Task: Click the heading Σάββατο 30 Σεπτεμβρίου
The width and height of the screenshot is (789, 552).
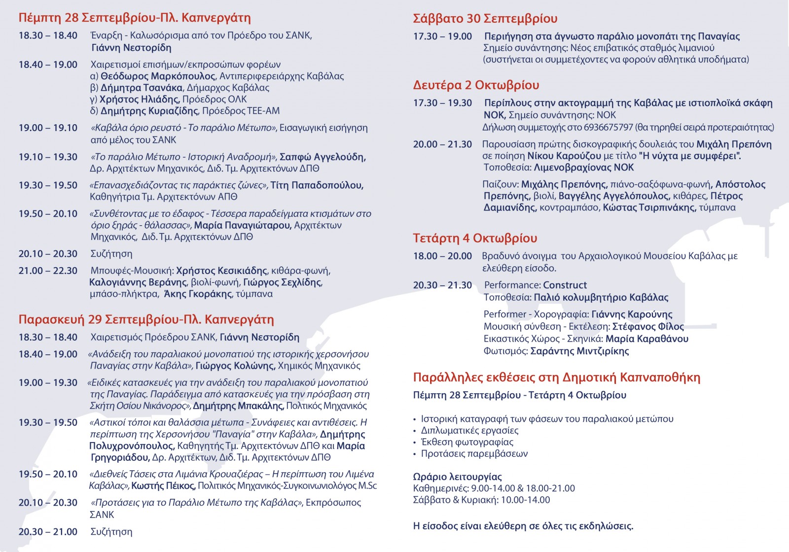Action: pyautogui.click(x=485, y=19)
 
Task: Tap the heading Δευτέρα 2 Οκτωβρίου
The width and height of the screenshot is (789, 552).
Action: pyautogui.click(x=476, y=85)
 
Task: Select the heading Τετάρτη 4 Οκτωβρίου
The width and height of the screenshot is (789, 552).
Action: pyautogui.click(x=475, y=239)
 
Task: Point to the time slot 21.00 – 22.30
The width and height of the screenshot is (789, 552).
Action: pyautogui.click(x=48, y=271)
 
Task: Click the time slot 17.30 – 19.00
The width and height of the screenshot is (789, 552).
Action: pyautogui.click(x=442, y=36)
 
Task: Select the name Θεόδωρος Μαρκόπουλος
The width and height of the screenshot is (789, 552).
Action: pyautogui.click(x=158, y=76)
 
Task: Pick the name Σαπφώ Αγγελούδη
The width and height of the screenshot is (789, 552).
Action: pyautogui.click(x=323, y=157)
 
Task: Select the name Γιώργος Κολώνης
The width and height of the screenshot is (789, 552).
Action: pyautogui.click(x=235, y=366)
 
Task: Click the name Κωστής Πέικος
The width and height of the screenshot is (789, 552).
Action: pyautogui.click(x=163, y=486)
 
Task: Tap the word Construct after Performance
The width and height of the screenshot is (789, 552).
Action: pyautogui.click(x=565, y=285)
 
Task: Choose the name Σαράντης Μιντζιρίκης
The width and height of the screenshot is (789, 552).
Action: pyautogui.click(x=579, y=351)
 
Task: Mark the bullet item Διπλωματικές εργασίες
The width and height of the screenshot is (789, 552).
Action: pyautogui.click(x=469, y=430)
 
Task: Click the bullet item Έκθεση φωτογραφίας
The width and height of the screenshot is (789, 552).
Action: pyautogui.click(x=467, y=442)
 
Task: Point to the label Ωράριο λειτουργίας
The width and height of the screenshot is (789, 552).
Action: pyautogui.click(x=457, y=477)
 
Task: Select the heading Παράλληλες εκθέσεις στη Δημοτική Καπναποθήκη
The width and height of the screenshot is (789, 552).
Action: pyautogui.click(x=556, y=378)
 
